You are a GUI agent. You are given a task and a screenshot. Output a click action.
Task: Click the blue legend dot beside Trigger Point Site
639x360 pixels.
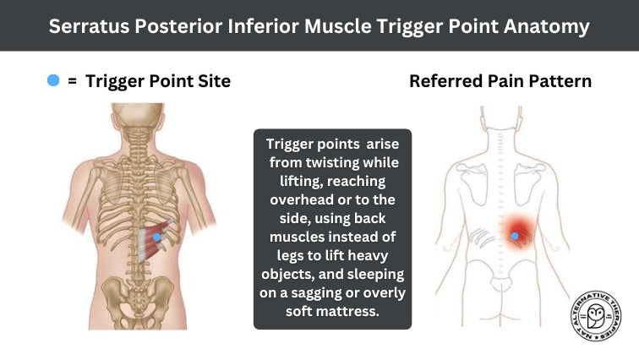pyautogui.click(x=54, y=80)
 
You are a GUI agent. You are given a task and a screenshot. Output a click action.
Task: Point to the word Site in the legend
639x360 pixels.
pyautogui.click(x=212, y=81)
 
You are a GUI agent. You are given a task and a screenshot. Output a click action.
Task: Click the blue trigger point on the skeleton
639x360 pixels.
pyautogui.click(x=156, y=240)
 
